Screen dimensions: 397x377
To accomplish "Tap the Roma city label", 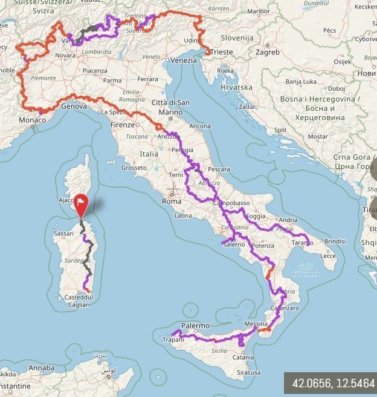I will pyautogui.click(x=172, y=201).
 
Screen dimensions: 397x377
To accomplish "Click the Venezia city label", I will pyautogui.click(x=183, y=61).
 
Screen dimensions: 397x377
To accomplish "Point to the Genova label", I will pyautogui.click(x=74, y=106).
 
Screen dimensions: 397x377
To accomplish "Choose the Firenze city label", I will pyautogui.click(x=123, y=124).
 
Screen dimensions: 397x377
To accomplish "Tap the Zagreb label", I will pyautogui.click(x=267, y=52).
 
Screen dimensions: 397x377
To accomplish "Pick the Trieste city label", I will pyautogui.click(x=221, y=52).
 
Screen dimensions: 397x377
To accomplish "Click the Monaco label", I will pyautogui.click(x=31, y=120).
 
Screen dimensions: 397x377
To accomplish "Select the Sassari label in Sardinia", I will pyautogui.click(x=63, y=232).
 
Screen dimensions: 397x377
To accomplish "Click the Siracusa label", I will pyautogui.click(x=248, y=373).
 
